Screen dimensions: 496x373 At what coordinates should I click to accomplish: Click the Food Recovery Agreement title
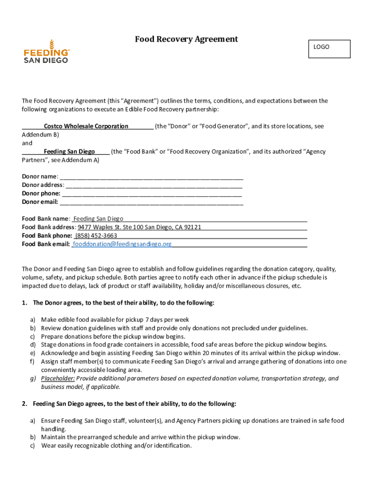(186, 39)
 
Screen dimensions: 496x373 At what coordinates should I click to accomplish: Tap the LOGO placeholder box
(329, 48)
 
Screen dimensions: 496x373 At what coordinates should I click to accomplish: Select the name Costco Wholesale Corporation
(86, 126)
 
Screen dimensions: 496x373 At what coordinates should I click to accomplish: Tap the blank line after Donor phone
(152, 194)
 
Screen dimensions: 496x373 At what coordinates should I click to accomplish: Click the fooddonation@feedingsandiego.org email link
(122, 244)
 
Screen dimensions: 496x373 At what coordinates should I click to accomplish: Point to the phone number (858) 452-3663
(96, 236)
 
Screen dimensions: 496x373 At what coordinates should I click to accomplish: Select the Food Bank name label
(45, 219)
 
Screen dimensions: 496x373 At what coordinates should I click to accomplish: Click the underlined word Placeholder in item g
(58, 379)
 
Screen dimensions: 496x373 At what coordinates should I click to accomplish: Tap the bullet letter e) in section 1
(32, 353)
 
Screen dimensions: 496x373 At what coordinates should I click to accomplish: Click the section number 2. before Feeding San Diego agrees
(25, 403)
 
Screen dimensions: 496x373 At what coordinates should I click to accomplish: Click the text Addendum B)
(41, 135)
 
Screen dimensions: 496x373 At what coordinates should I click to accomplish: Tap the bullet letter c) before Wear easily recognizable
(32, 446)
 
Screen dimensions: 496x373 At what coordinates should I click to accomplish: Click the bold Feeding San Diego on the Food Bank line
(69, 152)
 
